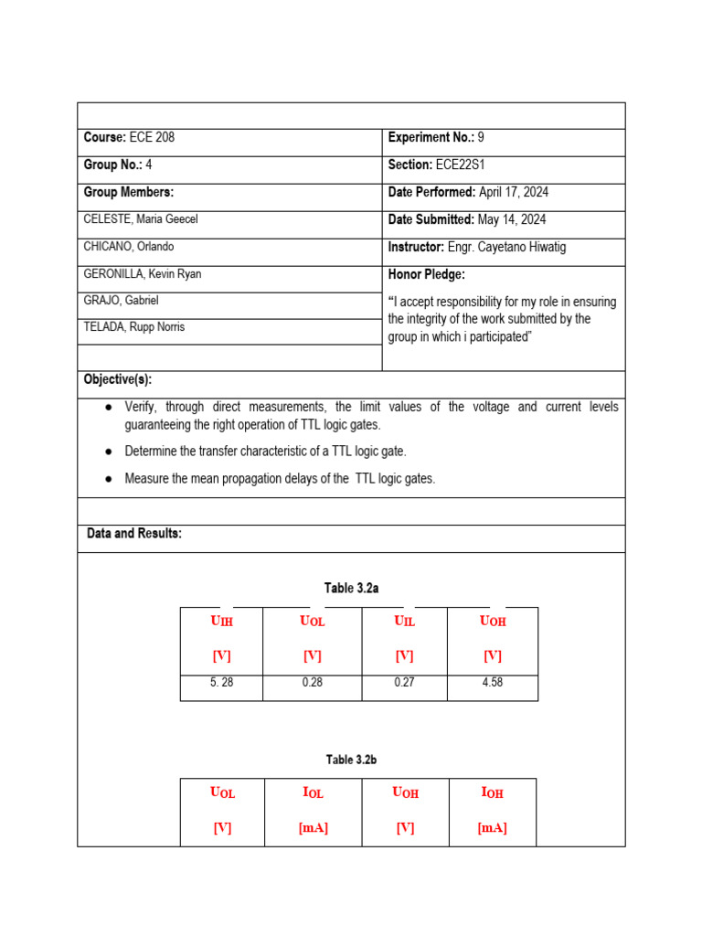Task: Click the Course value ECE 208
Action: [151, 138]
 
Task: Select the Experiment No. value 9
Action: [481, 138]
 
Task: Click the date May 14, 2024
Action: [512, 220]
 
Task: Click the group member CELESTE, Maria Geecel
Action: [141, 219]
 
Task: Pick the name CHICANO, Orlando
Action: [129, 247]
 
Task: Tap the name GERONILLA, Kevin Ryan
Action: [142, 274]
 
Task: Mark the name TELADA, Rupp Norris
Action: [133, 327]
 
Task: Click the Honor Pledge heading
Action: [427, 274]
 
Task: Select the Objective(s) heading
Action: [118, 379]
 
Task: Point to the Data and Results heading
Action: [134, 534]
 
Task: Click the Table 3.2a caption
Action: [352, 589]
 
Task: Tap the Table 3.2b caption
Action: [352, 760]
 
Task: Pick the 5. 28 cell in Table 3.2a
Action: [220, 682]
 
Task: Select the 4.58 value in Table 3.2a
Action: [492, 682]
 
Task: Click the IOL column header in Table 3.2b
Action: [313, 792]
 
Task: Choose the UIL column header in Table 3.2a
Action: [404, 622]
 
